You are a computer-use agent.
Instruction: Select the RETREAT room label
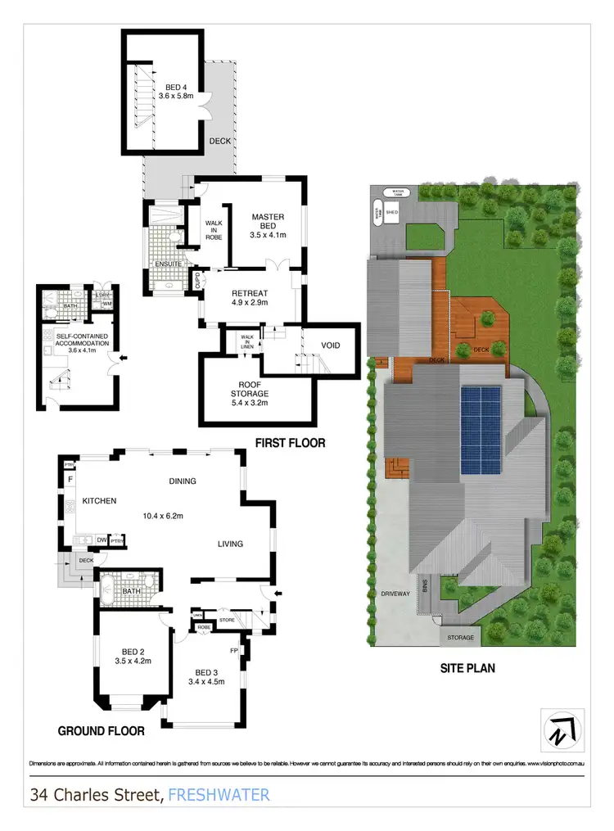(x=250, y=294)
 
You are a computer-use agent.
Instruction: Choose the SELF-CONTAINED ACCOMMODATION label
(x=82, y=341)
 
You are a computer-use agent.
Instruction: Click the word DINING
(x=182, y=481)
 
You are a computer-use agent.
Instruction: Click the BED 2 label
(x=134, y=655)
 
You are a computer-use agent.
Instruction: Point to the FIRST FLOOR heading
(x=290, y=443)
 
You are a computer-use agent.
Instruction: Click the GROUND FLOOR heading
(x=102, y=731)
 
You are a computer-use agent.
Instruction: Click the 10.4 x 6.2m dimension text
(x=164, y=517)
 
